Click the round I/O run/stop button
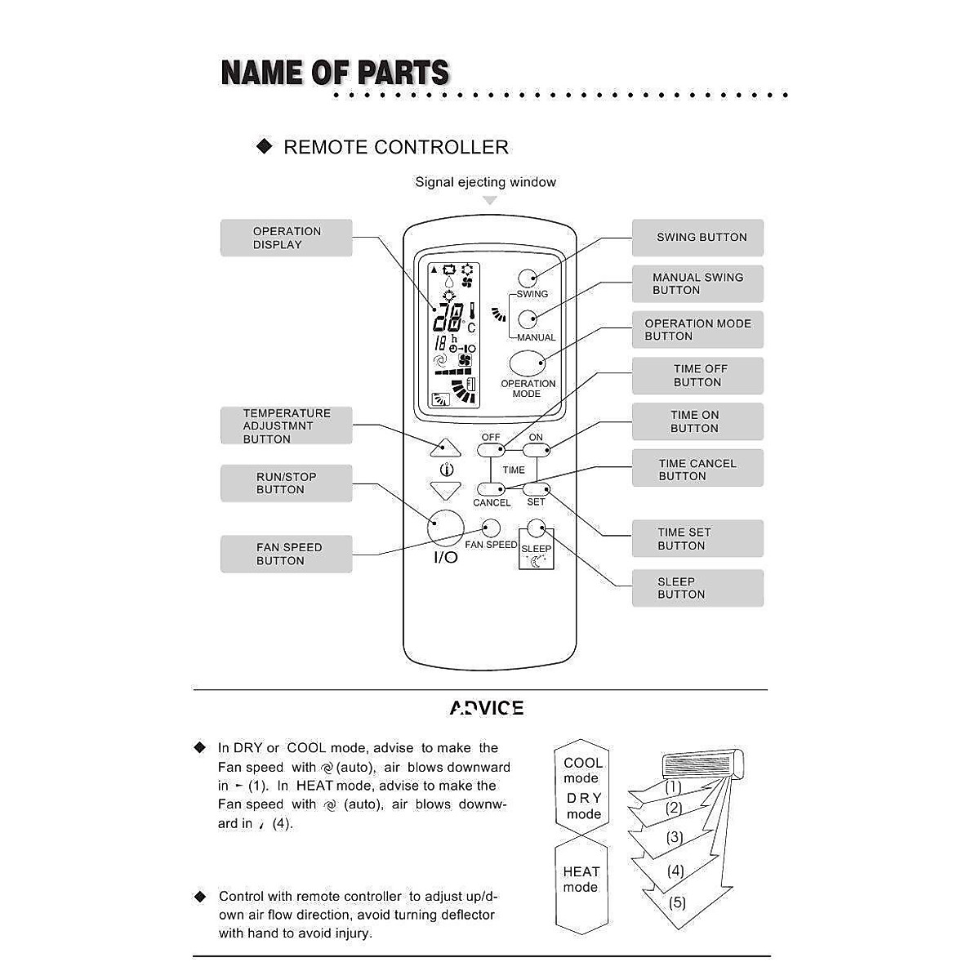point(445,528)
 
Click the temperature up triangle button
point(445,448)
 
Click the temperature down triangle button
point(445,491)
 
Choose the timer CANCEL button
point(491,489)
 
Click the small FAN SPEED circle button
point(491,528)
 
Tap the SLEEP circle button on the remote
point(537,528)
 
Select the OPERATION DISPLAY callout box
point(286,238)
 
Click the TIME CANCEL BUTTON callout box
point(697,469)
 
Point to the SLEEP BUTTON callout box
point(697,588)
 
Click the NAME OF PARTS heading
point(335,73)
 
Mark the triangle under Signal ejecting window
point(490,200)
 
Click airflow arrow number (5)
point(677,903)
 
